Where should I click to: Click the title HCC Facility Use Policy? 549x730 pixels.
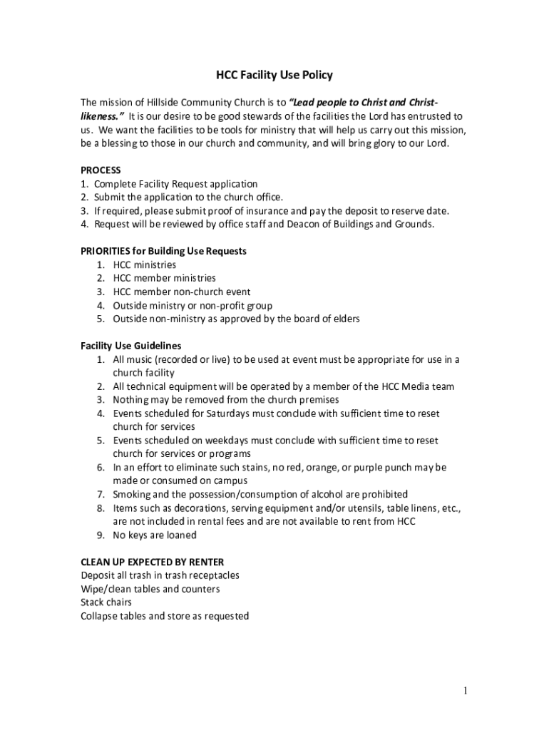[274, 75]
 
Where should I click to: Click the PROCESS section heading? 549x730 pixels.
[101, 170]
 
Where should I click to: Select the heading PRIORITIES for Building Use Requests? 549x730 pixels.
[164, 251]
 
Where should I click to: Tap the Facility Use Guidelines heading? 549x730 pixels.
[130, 346]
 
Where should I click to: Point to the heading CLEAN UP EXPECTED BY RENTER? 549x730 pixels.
[153, 562]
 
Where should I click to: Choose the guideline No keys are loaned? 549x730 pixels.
[155, 535]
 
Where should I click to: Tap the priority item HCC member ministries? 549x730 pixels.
[164, 278]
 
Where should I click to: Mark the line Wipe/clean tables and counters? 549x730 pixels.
[150, 589]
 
